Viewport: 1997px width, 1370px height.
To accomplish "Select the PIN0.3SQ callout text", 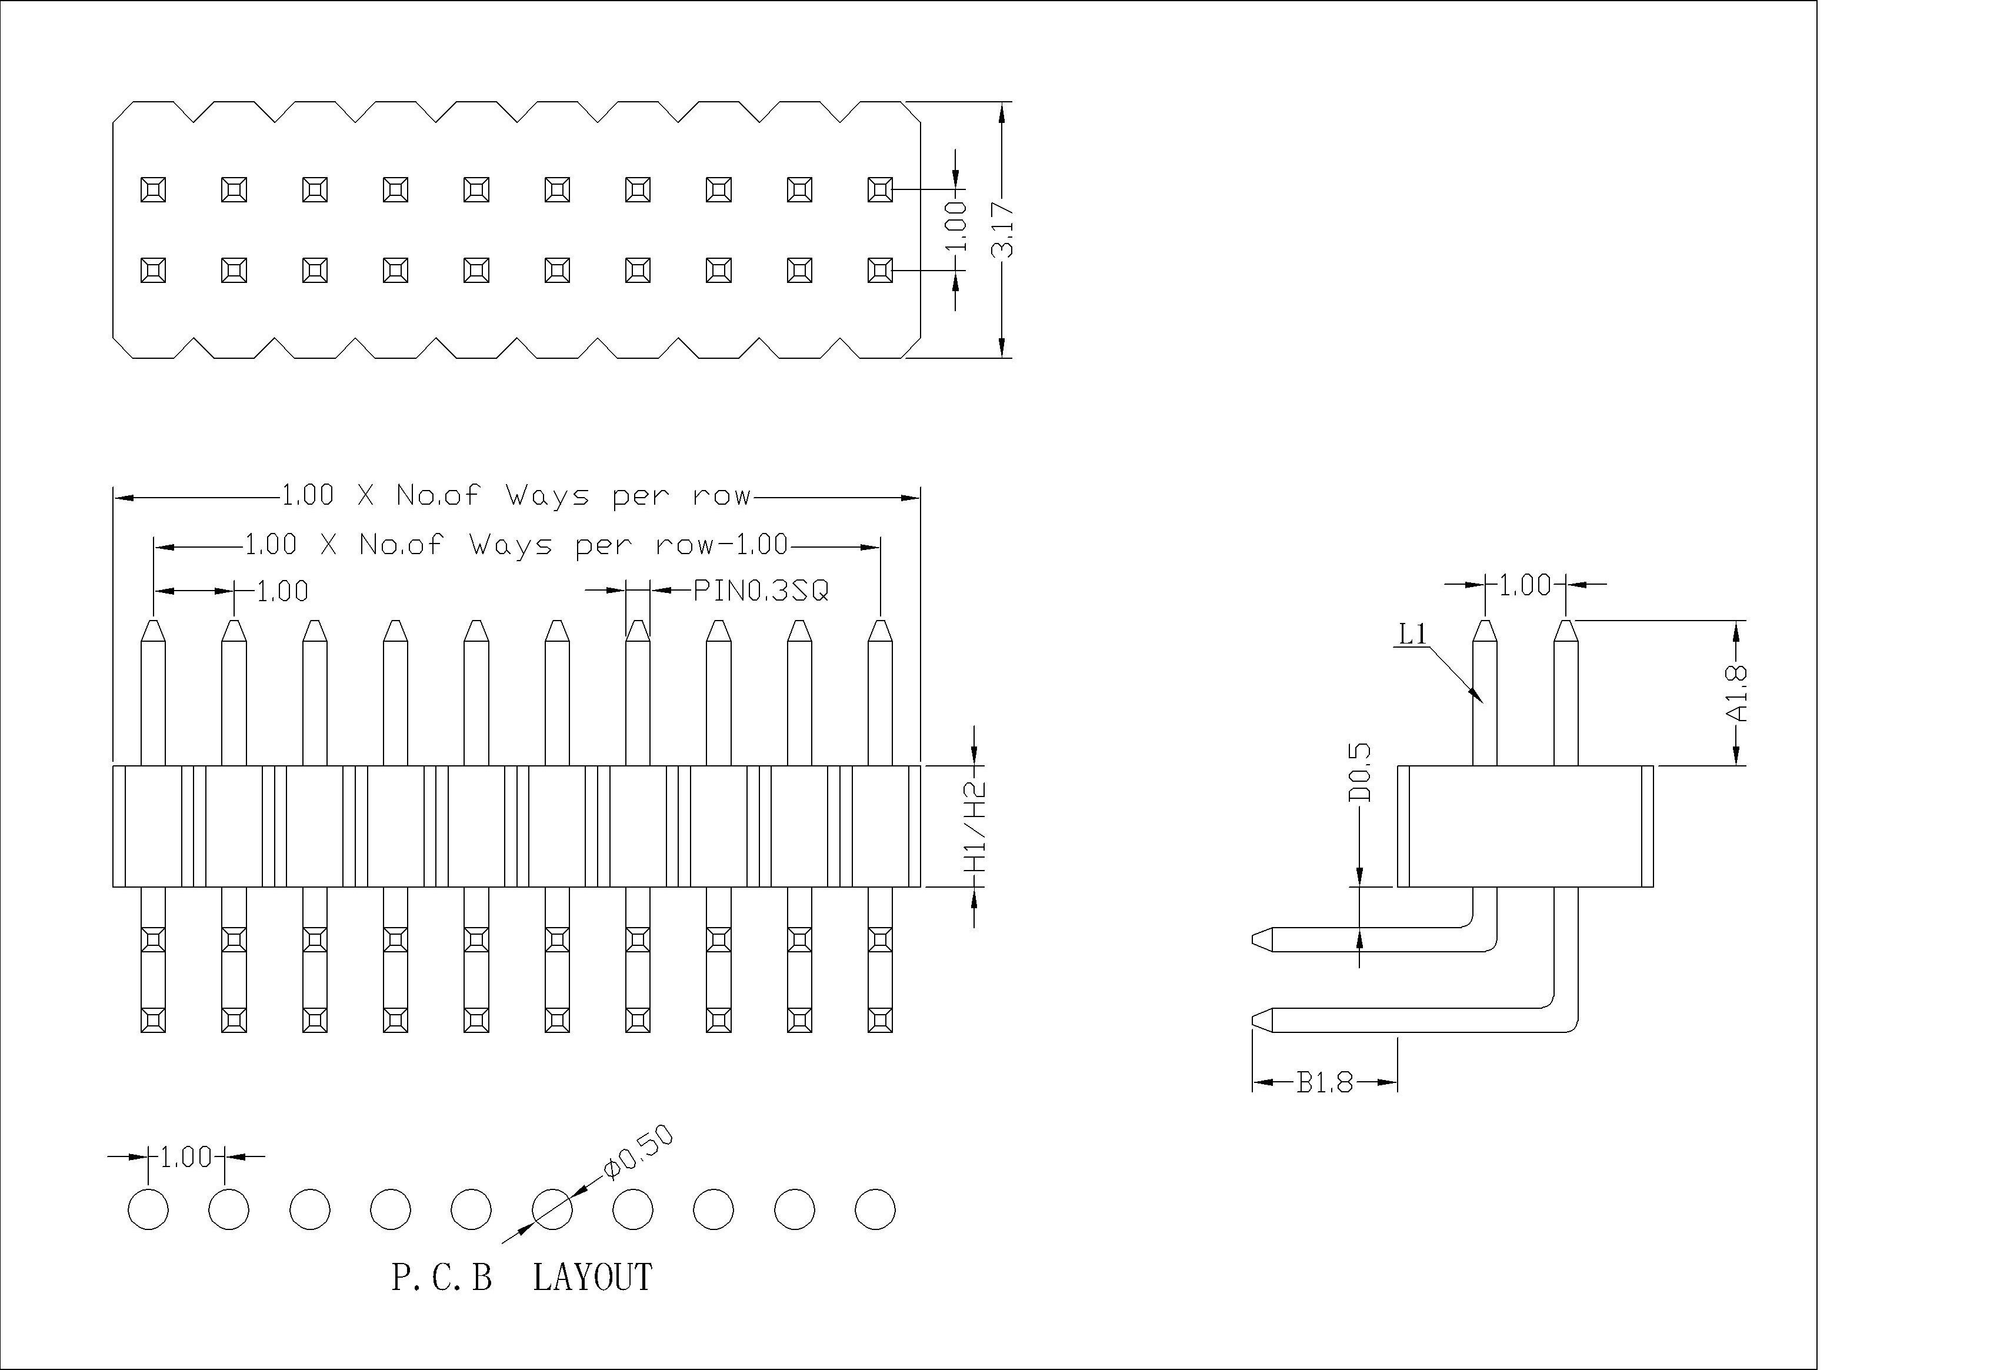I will tap(761, 591).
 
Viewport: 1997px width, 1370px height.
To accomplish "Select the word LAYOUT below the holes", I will tap(592, 1277).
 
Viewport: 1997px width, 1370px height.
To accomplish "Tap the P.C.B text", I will tap(442, 1277).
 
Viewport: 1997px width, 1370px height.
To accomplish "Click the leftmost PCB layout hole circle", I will tap(148, 1209).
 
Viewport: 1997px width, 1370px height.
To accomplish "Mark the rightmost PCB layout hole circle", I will tap(875, 1209).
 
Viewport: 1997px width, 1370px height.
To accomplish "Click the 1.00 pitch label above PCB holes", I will tap(186, 1157).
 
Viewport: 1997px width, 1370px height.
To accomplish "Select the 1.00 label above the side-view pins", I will tap(1525, 585).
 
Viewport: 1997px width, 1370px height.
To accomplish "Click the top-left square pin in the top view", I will tap(153, 189).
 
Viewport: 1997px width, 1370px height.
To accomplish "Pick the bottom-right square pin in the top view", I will tap(880, 270).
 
